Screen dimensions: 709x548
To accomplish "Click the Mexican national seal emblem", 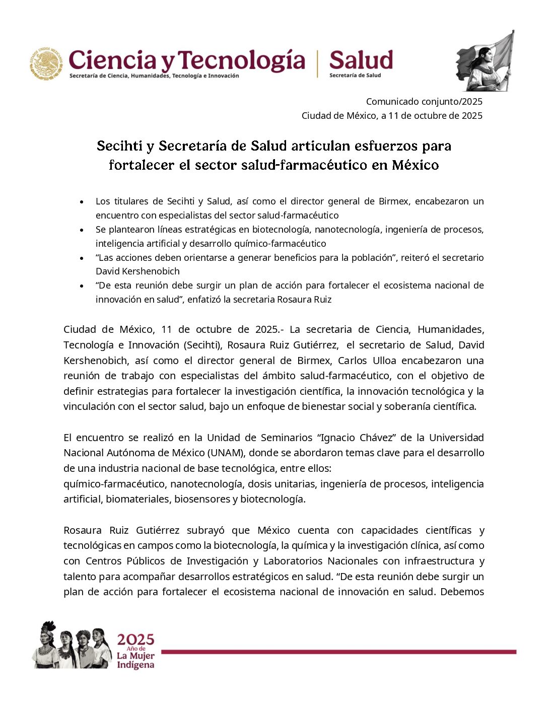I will pos(46,63).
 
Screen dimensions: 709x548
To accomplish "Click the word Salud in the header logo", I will pos(361,60).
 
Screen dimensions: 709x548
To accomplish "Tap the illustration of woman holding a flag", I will pos(485,62).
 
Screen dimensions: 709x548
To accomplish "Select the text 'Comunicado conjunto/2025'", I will pos(424,102).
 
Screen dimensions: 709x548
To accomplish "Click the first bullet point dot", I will pos(82,202).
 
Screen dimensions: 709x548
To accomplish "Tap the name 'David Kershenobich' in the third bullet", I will pos(138,271).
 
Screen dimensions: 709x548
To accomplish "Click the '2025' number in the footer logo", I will pos(135,640).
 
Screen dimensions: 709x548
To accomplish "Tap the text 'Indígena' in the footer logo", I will pos(135,665).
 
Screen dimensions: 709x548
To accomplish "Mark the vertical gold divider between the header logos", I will pos(317,63).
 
